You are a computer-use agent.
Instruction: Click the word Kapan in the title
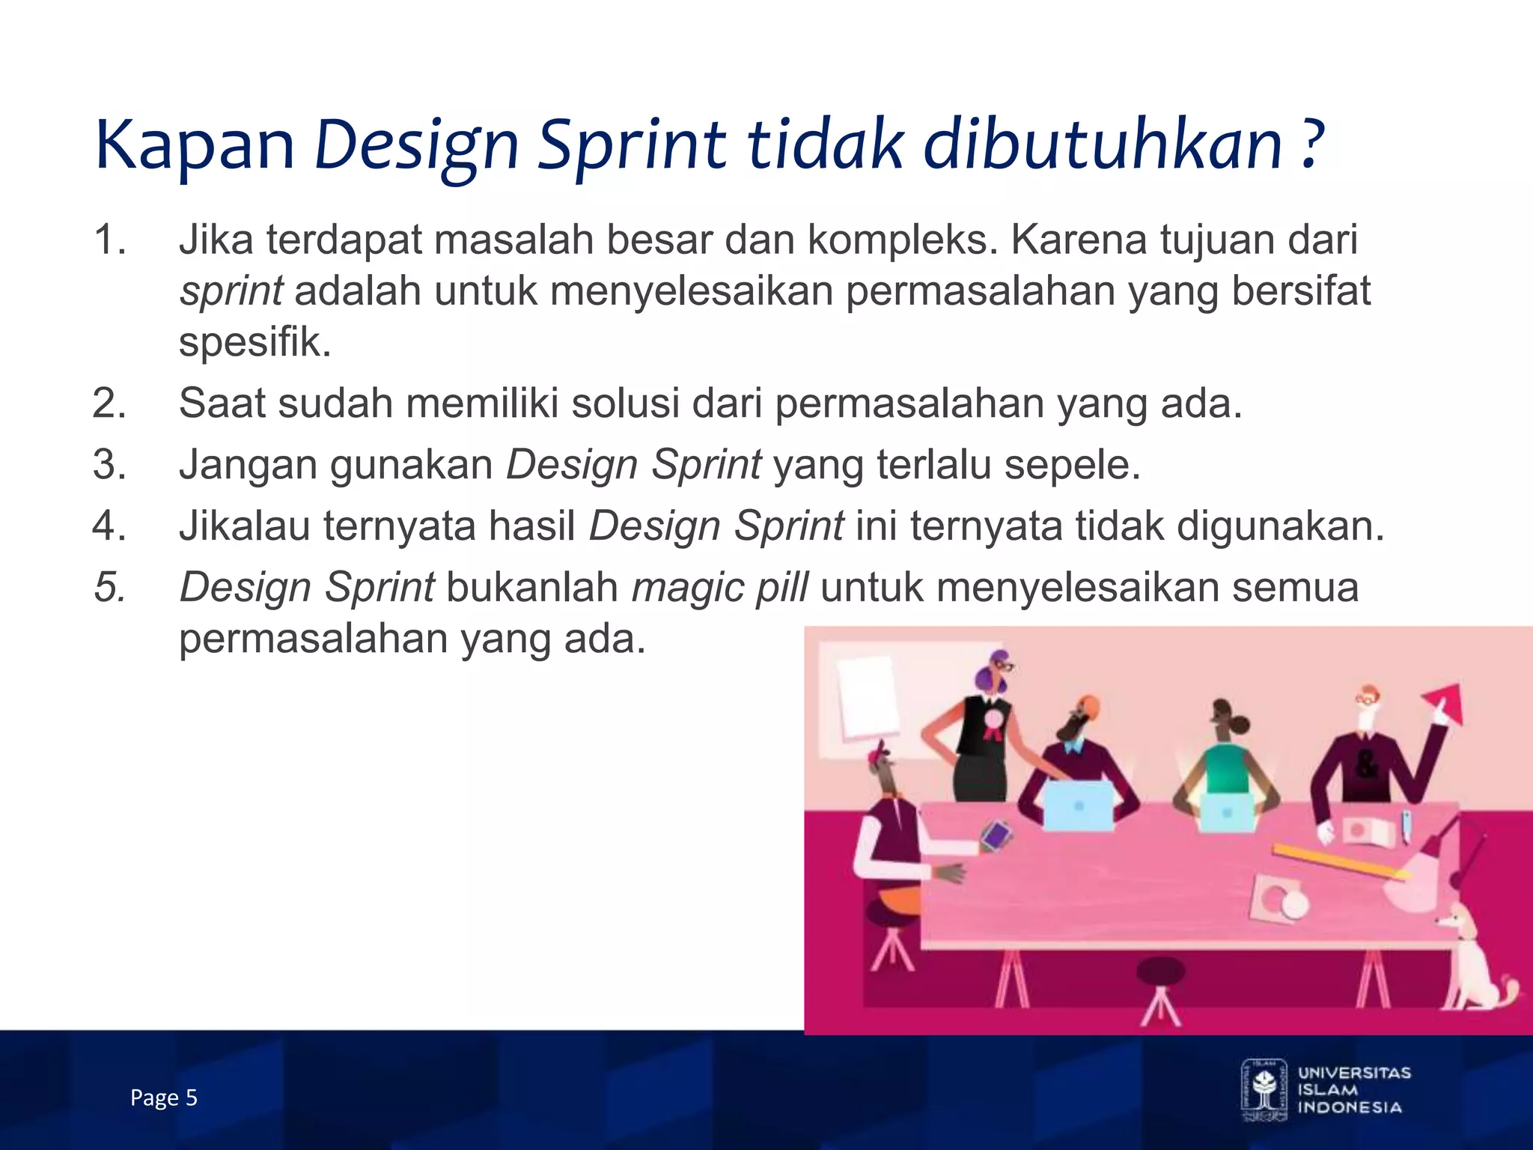[195, 146]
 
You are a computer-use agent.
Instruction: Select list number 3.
[110, 464]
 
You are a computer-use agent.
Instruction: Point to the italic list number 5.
[110, 587]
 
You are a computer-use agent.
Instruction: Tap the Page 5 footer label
[163, 1098]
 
